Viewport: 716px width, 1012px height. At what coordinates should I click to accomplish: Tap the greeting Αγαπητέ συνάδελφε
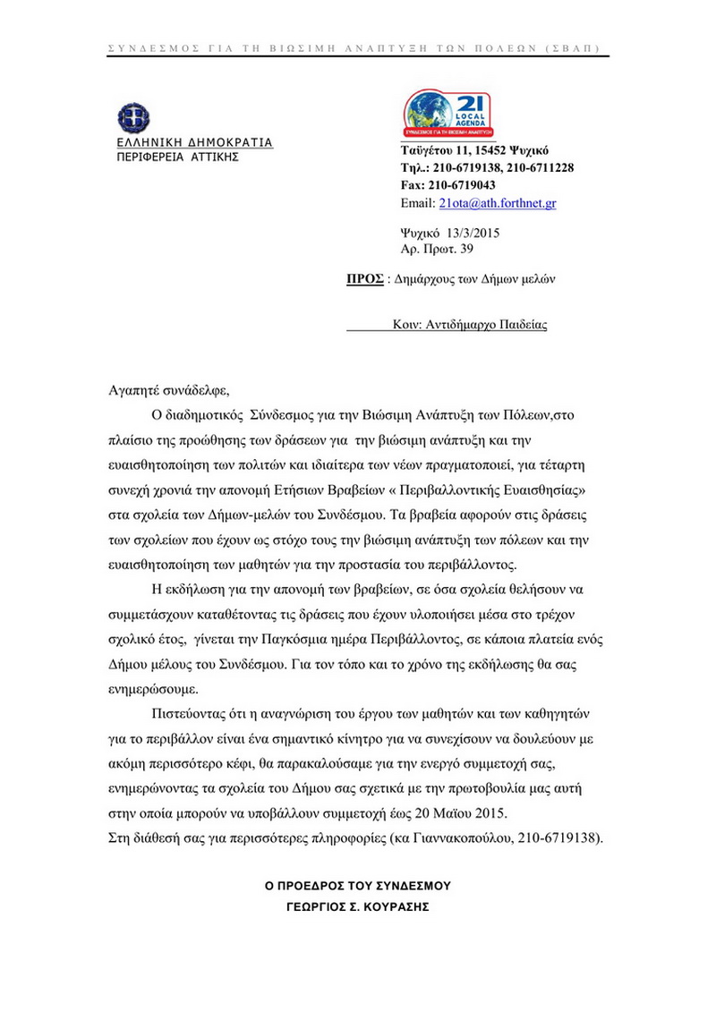tap(169, 390)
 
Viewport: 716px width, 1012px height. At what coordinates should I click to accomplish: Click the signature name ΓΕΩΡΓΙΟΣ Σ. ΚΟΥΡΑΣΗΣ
tap(358, 906)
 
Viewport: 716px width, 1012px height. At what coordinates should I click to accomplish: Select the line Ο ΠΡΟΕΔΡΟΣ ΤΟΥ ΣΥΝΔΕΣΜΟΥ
tap(358, 886)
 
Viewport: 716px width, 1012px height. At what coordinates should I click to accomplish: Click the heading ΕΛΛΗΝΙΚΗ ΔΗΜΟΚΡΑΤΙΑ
tap(195, 142)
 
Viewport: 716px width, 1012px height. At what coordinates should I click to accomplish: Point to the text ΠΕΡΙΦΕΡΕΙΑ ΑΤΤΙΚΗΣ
tap(179, 157)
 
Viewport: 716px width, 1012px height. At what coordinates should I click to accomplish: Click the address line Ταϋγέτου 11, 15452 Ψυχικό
tap(474, 149)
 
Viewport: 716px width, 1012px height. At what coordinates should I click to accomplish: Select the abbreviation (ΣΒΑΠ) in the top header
tap(573, 47)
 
